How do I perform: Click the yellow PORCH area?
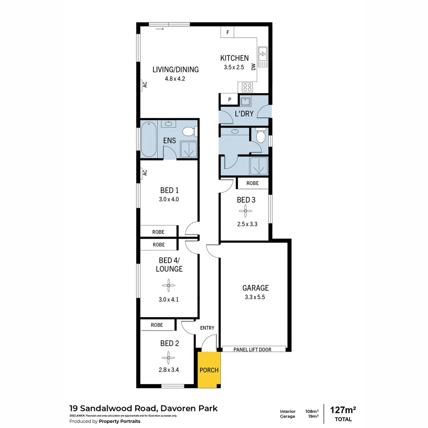[209, 370]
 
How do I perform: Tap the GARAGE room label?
[256, 288]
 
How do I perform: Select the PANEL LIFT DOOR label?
[252, 349]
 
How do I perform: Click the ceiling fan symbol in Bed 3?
[246, 211]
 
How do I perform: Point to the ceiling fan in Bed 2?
[169, 360]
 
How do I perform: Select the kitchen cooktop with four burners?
[248, 87]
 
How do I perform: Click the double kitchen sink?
[262, 57]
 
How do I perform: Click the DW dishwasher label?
[253, 67]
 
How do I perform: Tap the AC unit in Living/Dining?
[145, 85]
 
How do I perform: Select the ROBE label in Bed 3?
[252, 183]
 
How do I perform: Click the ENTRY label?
[207, 328]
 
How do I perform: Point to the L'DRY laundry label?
[244, 114]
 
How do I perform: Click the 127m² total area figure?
[343, 410]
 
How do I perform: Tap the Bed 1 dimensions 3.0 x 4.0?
[169, 199]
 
